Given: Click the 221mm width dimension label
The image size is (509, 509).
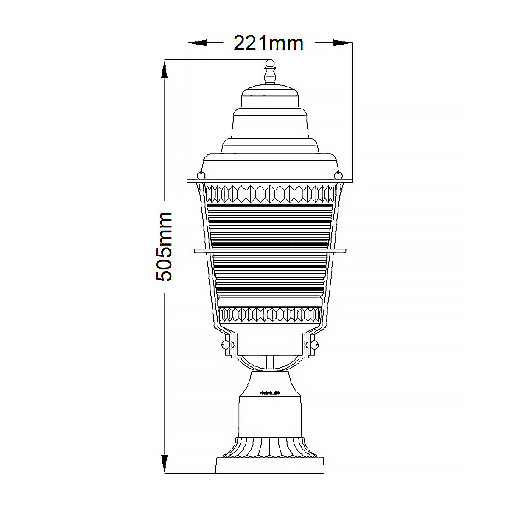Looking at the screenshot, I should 269,43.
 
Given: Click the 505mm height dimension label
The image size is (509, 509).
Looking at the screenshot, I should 164,246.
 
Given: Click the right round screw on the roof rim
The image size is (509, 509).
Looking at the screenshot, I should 338,175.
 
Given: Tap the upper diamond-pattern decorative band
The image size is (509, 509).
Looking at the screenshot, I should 270,194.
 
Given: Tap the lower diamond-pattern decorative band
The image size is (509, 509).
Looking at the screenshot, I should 270,314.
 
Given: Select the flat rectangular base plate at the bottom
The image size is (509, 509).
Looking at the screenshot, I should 270,465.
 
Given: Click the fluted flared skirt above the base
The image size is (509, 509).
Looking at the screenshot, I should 270,447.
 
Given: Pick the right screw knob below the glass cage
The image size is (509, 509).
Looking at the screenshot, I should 314,344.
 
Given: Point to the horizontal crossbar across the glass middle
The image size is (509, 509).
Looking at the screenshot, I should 270,251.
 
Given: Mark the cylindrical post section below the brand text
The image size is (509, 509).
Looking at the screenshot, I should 270,418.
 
